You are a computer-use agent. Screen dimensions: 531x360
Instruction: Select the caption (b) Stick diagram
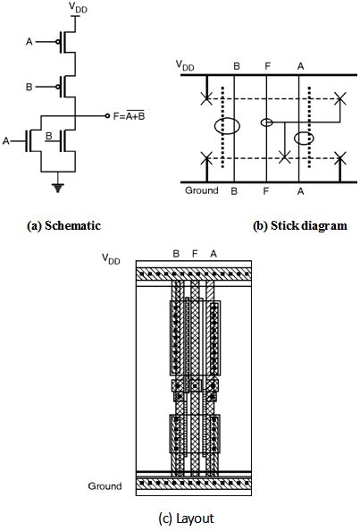pos(298,226)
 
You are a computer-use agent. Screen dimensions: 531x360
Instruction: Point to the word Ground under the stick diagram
pos(201,190)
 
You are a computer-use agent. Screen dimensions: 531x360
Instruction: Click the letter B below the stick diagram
pos(234,191)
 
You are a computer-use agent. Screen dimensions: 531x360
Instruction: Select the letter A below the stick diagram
pos(300,191)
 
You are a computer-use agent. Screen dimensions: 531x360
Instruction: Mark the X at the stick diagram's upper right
pos(338,98)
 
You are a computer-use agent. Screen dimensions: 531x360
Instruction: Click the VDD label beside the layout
pos(111,259)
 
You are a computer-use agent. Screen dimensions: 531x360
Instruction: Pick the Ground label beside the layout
pos(105,486)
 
